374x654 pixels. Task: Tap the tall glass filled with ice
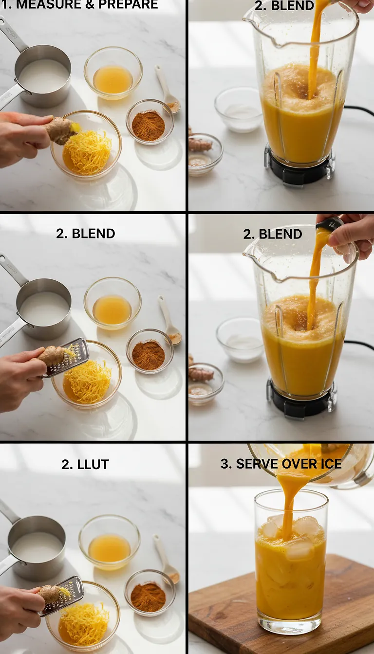(291, 564)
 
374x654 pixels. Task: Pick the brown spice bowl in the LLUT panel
(149, 597)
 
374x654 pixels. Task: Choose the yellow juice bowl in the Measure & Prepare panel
(113, 79)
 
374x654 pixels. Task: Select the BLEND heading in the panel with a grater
(86, 234)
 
